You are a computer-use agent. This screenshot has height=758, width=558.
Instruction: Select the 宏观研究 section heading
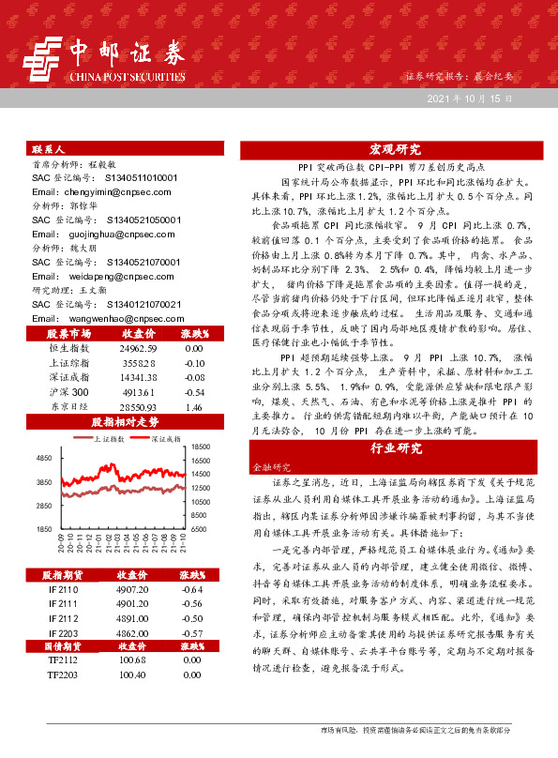(395, 149)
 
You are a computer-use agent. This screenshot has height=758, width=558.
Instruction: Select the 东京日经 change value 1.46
(195, 380)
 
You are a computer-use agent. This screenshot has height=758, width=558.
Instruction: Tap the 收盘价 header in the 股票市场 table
(138, 307)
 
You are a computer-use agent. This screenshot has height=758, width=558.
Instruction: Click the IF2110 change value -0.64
(193, 589)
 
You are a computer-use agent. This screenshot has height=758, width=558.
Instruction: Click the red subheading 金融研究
(266, 465)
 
